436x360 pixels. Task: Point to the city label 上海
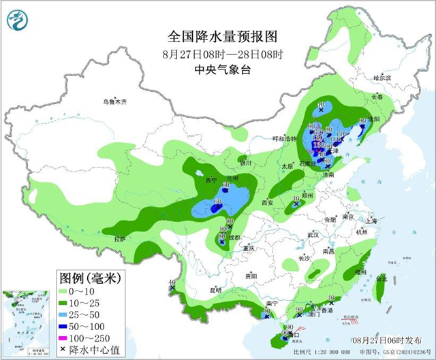pyautogui.click(x=371, y=221)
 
